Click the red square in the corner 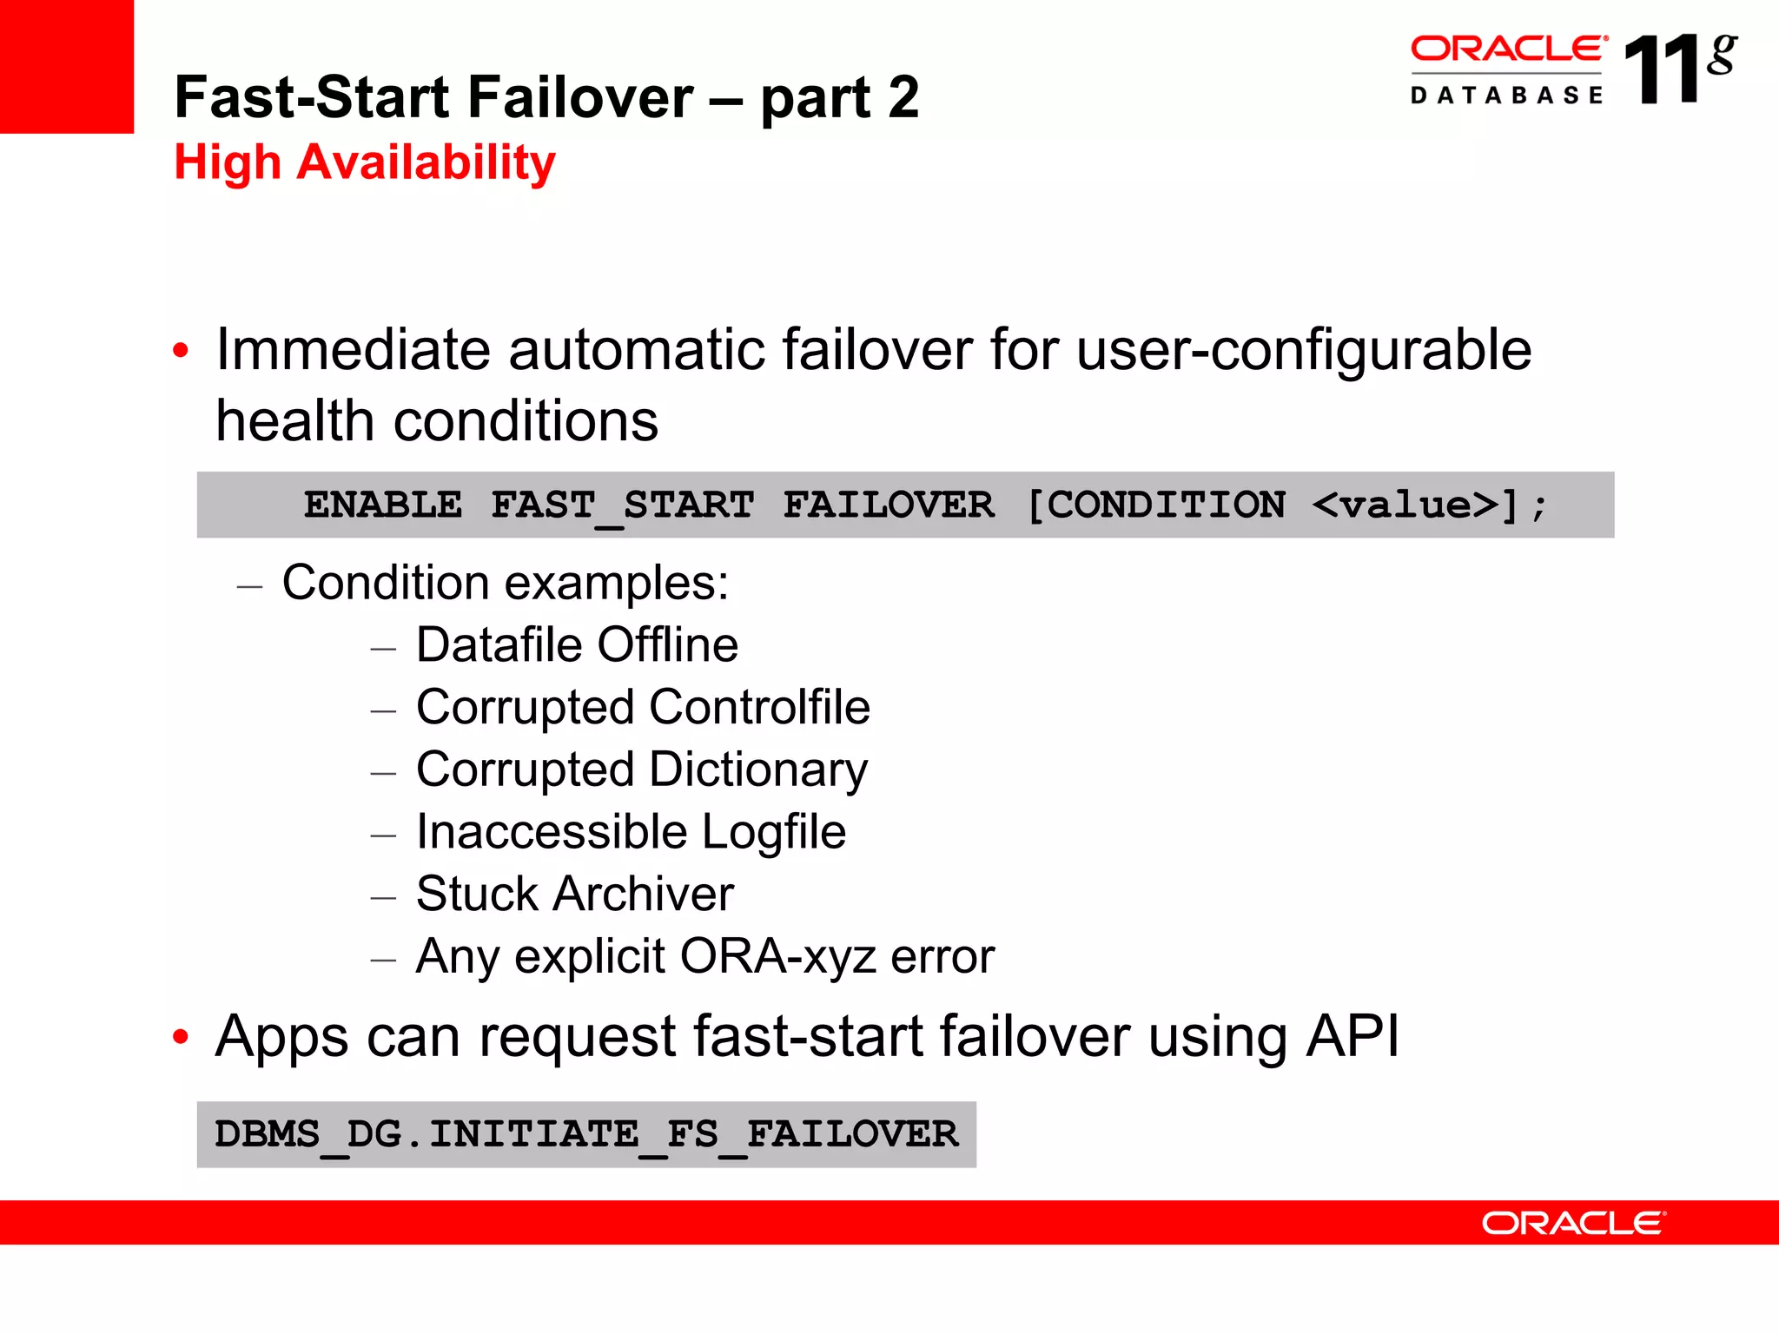point(66,66)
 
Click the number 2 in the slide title point(903,97)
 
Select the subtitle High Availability point(365,162)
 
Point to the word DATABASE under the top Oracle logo point(1506,96)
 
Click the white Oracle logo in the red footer point(1573,1224)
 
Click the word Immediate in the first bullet point(354,350)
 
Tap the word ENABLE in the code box point(383,505)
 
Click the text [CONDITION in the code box point(1156,505)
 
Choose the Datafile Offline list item point(577,645)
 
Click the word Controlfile point(759,707)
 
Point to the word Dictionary point(758,770)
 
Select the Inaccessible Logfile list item point(631,832)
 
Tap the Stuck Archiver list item point(575,895)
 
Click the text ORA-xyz point(778,957)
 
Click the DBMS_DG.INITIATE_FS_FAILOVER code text point(586,1134)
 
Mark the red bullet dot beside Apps point(181,1037)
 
